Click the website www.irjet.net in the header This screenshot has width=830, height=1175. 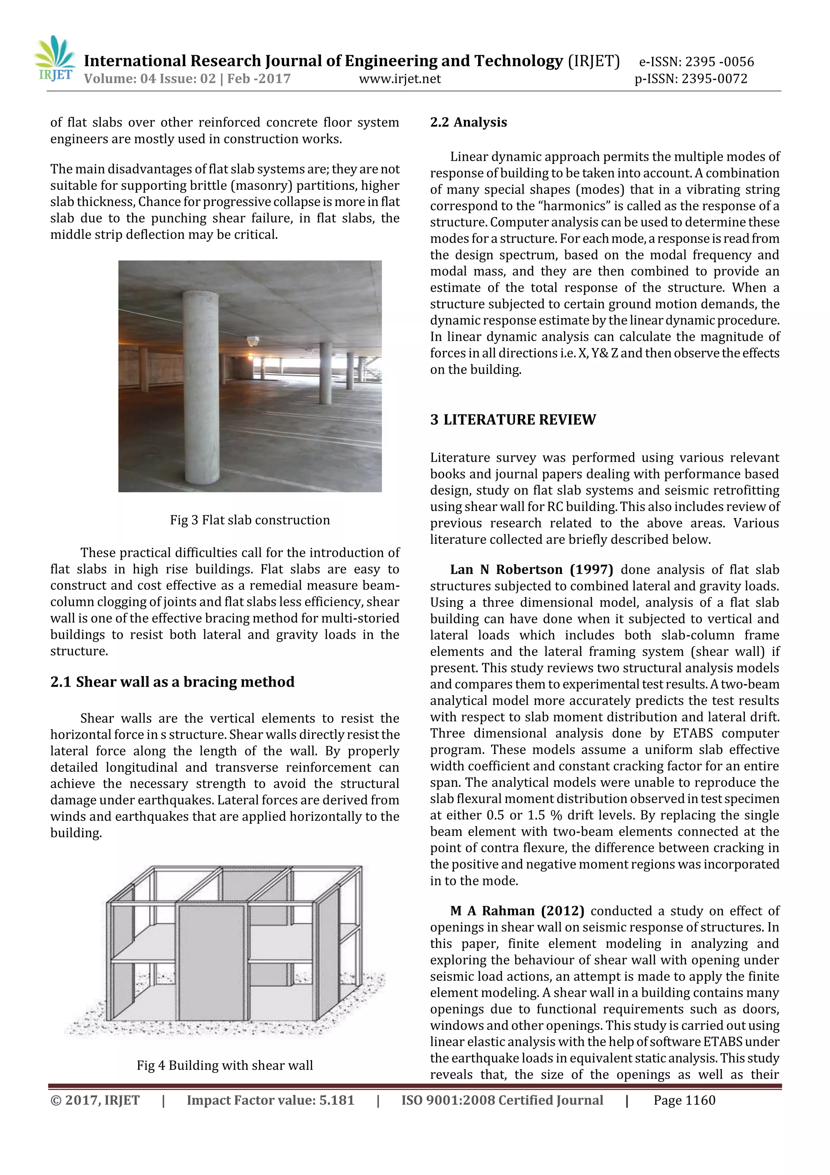coord(400,79)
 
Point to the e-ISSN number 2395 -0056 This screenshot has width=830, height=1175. coord(719,62)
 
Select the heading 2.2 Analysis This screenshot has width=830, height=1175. coord(468,122)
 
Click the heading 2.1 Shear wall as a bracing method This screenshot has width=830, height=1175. coord(172,682)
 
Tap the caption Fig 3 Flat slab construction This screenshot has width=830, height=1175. coord(250,520)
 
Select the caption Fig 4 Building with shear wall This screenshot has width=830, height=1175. coord(225,1065)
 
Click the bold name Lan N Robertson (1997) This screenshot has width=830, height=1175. coord(531,569)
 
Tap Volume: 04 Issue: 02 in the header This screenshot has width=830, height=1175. coord(150,79)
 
